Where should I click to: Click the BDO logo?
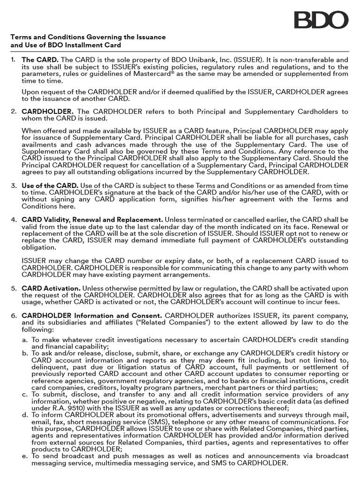[x=321, y=20]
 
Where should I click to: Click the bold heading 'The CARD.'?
[x=40, y=60]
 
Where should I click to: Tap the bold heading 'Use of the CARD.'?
[x=50, y=185]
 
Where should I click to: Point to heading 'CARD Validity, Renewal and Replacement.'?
[x=92, y=219]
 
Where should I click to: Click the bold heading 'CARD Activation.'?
[x=52, y=288]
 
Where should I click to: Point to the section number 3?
[x=14, y=185]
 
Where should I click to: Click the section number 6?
[x=14, y=315]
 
